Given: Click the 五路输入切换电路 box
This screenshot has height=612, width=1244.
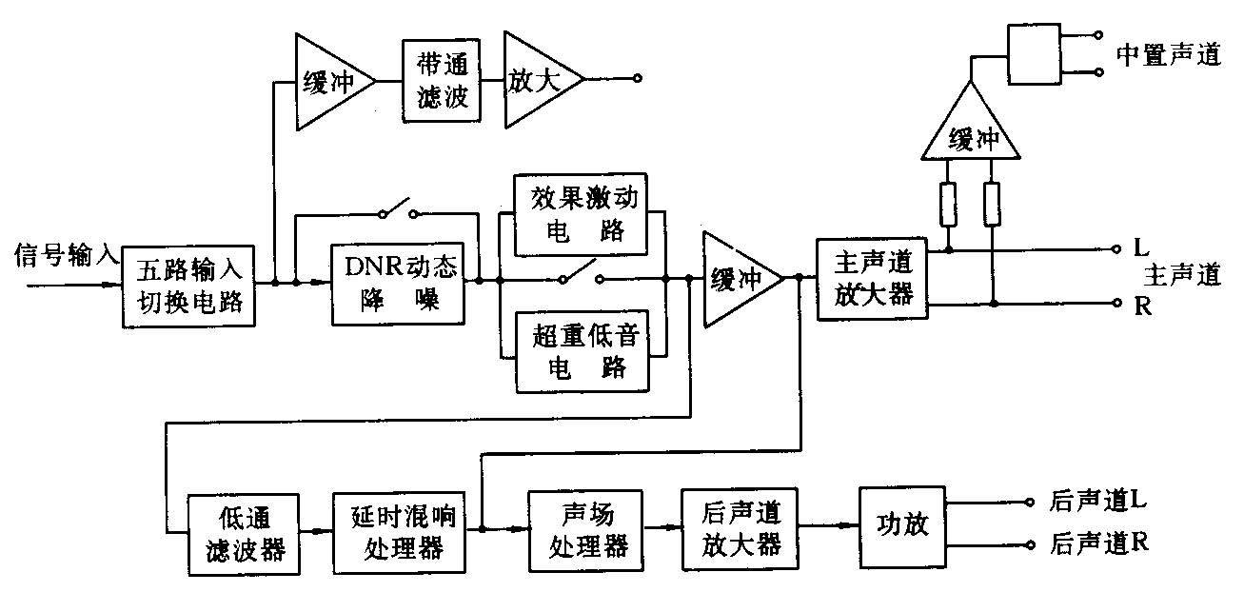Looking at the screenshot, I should coord(188,285).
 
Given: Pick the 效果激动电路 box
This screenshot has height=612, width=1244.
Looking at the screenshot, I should coord(582,215).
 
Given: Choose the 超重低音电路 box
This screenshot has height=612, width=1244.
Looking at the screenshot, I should coord(582,351).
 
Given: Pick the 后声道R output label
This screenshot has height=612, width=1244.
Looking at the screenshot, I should coord(1098,543).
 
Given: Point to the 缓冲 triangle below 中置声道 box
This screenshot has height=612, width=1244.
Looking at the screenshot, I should coord(971,131).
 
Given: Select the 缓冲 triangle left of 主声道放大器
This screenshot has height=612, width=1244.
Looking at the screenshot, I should coord(739,278).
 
